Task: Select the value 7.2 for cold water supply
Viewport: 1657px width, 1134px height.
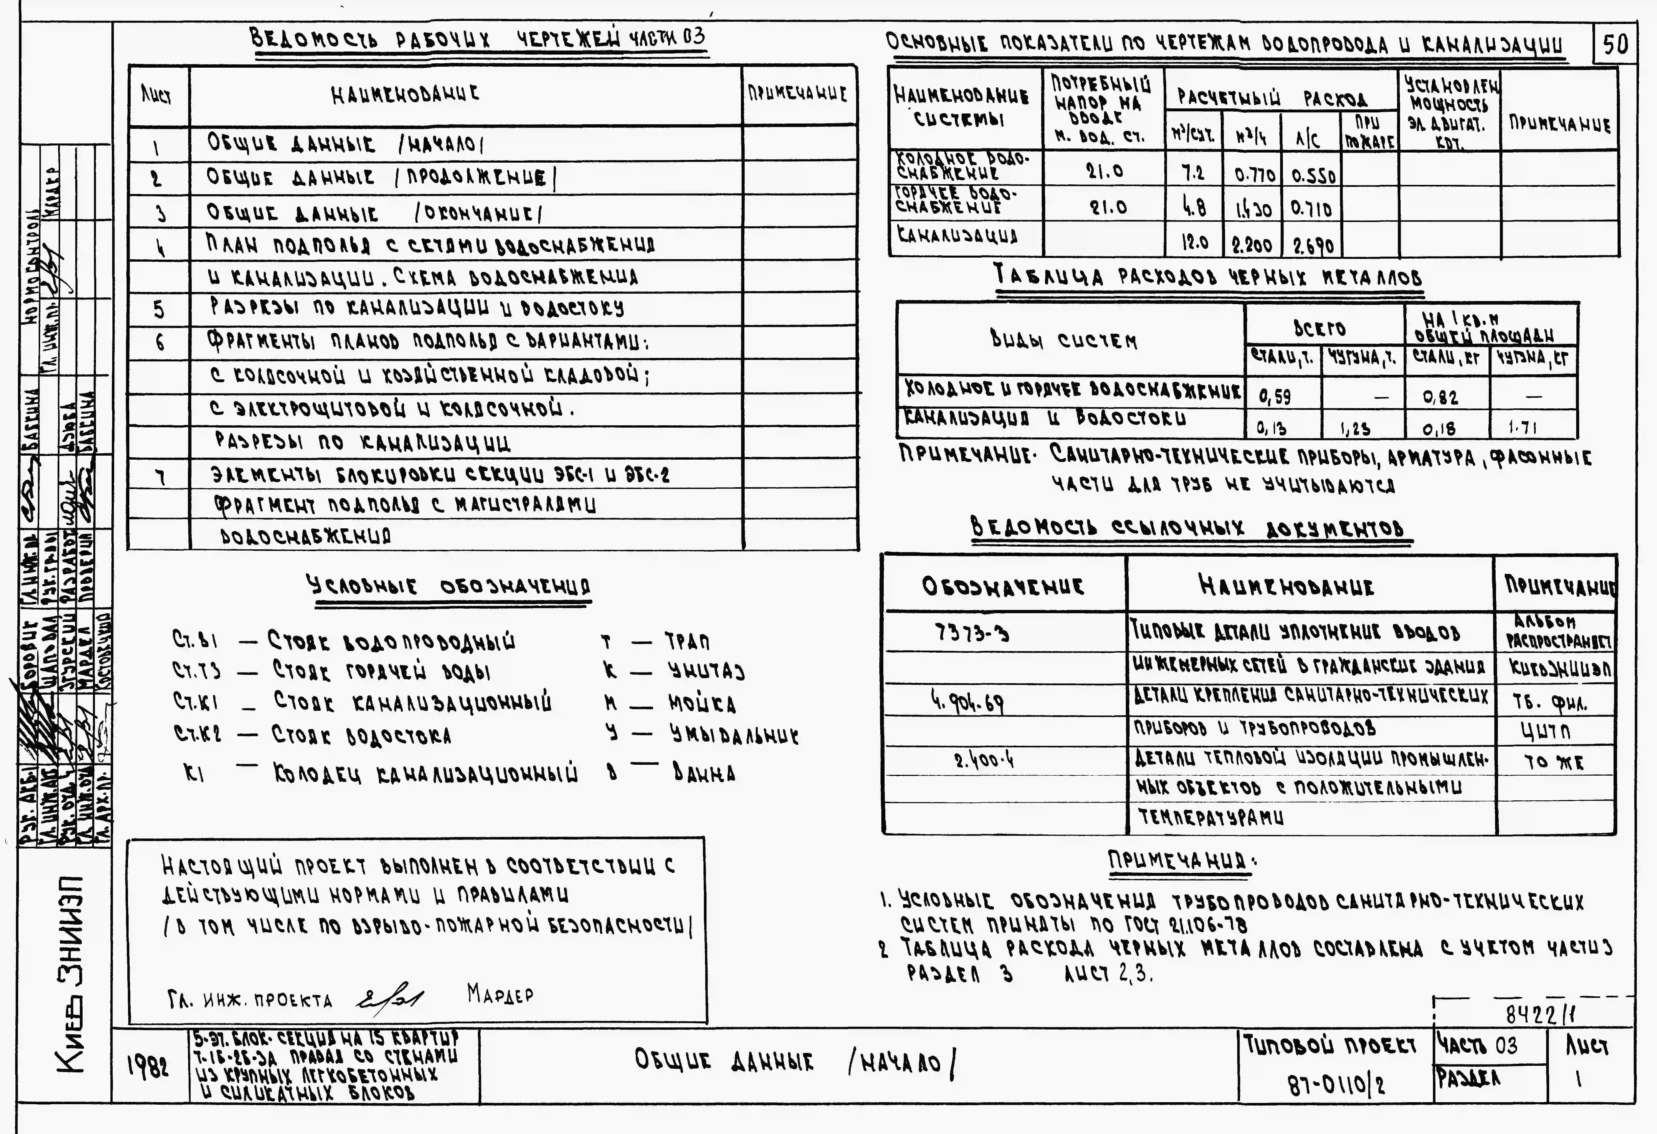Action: tap(1193, 172)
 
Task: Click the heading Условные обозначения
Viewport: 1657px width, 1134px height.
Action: tap(448, 587)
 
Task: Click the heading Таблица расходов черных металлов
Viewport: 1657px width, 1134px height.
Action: tap(1208, 276)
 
